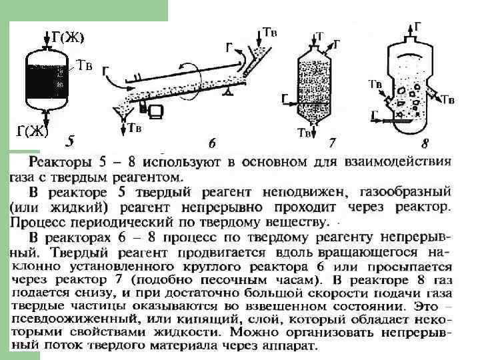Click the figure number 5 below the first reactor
click(x=71, y=141)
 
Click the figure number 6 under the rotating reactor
click(x=213, y=142)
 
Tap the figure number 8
click(x=425, y=142)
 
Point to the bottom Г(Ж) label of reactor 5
click(x=33, y=130)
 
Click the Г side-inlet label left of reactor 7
click(x=285, y=99)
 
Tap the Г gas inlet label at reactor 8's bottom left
click(x=376, y=115)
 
